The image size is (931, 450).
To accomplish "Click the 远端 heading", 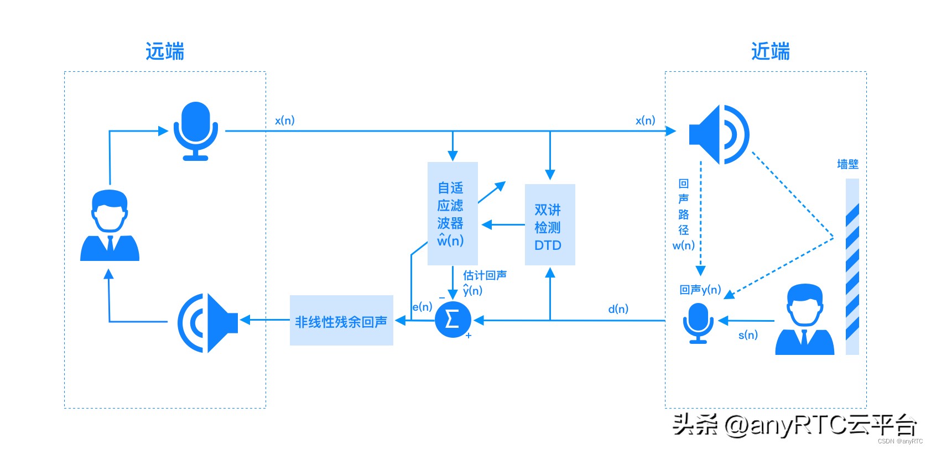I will pyautogui.click(x=164, y=51).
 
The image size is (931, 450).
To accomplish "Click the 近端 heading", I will pyautogui.click(x=770, y=51).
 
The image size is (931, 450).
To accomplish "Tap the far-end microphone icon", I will pyautogui.click(x=196, y=131).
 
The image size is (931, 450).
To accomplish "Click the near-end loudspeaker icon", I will pyautogui.click(x=719, y=134).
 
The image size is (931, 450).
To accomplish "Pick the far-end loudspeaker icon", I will pyautogui.click(x=207, y=323).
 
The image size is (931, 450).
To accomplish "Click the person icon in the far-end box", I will pyautogui.click(x=110, y=226).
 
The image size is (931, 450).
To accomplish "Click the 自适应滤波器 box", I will pyautogui.click(x=453, y=213).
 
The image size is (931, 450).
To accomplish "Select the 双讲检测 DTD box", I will pyautogui.click(x=549, y=224).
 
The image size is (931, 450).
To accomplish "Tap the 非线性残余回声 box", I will pyautogui.click(x=341, y=321).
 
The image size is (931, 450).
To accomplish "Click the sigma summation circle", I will pyautogui.click(x=453, y=320).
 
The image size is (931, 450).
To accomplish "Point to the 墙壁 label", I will pyautogui.click(x=847, y=164).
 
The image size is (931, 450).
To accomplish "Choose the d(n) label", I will pyautogui.click(x=618, y=308).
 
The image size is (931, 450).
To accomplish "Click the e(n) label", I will pyautogui.click(x=422, y=306).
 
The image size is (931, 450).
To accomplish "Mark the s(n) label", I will pyautogui.click(x=748, y=334).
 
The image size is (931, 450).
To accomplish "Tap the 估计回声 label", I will pyautogui.click(x=485, y=275).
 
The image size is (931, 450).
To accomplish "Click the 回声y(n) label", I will pyautogui.click(x=700, y=289).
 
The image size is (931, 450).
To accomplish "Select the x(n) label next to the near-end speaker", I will pyautogui.click(x=645, y=120).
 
